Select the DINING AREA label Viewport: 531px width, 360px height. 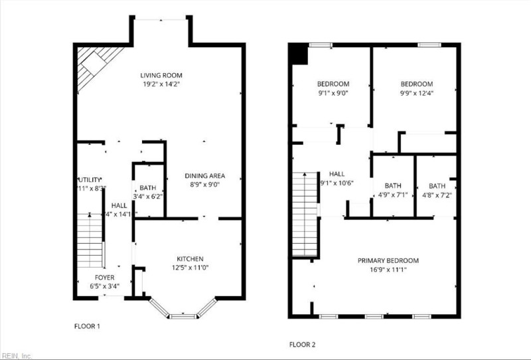[204, 176]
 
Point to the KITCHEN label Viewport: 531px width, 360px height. [190, 258]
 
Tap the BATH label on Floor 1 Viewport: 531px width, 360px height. [147, 188]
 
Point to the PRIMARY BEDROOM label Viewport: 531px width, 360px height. [388, 260]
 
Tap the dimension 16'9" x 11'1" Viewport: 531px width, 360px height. [388, 270]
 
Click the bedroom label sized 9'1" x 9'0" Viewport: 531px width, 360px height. [333, 84]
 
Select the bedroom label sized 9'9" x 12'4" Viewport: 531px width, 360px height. [416, 84]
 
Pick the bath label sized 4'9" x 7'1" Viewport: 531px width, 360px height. [393, 186]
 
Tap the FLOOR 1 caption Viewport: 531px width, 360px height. [87, 326]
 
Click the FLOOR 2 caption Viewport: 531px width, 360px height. [302, 345]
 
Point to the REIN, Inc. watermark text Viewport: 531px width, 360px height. [17, 355]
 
